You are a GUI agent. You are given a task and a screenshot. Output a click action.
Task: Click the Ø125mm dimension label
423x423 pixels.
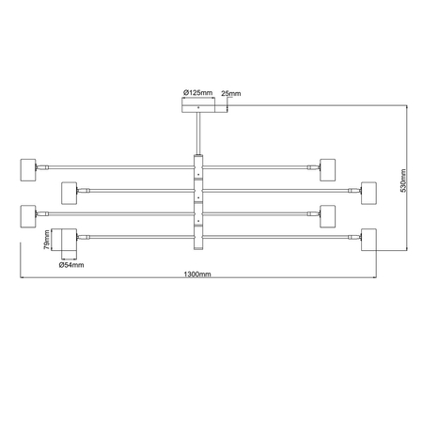coord(197,92)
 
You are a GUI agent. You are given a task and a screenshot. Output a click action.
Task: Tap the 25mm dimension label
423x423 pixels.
coord(231,93)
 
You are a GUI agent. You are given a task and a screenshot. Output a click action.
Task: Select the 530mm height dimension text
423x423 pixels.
coord(403,180)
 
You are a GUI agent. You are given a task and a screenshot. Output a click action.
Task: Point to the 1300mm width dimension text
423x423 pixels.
coord(197,274)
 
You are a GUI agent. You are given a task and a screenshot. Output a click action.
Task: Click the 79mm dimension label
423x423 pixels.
coord(46,240)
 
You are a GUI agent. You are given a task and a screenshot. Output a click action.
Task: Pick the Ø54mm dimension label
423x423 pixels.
coord(71,265)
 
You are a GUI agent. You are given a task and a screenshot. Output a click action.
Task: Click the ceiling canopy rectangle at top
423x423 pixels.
coord(198,105)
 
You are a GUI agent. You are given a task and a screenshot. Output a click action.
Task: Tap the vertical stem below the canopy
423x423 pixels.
coord(198,133)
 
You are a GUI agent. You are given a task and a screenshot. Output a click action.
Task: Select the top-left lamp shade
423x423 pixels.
coord(28,170)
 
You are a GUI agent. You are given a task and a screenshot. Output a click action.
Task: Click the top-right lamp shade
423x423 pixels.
coord(328,170)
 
